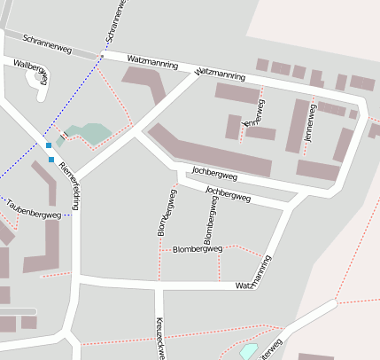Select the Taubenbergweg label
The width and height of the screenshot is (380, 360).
(32, 209)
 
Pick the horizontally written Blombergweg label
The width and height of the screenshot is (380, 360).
(197, 249)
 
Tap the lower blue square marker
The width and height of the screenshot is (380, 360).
(51, 160)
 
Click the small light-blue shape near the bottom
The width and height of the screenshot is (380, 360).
(249, 351)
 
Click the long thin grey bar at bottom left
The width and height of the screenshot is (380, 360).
(18, 311)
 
